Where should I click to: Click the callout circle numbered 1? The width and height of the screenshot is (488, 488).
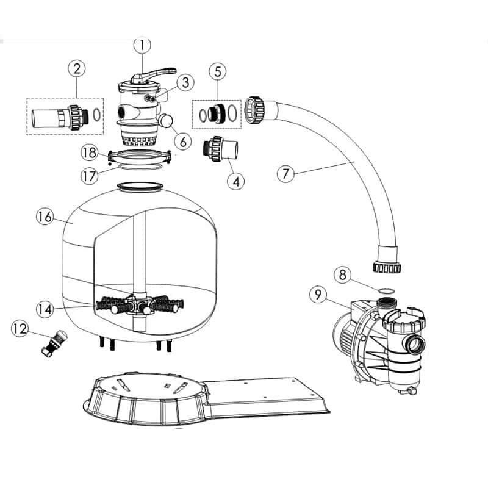142,45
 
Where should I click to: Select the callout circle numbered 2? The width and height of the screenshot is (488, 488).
77,69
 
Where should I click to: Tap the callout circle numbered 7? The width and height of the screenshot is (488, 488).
285,174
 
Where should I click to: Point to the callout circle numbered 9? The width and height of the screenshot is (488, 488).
318,295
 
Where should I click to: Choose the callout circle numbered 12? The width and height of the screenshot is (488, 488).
20,329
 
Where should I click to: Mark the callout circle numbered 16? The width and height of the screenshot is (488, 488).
45,217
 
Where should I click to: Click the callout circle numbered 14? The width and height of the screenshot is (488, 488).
45,309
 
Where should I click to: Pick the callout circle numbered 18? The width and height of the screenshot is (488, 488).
90,153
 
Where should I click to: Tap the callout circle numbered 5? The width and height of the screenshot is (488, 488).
218,72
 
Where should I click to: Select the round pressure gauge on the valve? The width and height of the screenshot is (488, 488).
166,120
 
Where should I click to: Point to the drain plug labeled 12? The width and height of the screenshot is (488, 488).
54,343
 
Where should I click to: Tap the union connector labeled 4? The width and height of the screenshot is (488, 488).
220,148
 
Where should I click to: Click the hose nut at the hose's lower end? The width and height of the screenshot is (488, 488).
387,268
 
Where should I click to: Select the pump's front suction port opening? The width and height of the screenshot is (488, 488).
415,344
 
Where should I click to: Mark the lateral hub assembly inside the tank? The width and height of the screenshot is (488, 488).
139,304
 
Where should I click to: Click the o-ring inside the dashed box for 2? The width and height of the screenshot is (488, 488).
96,115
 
